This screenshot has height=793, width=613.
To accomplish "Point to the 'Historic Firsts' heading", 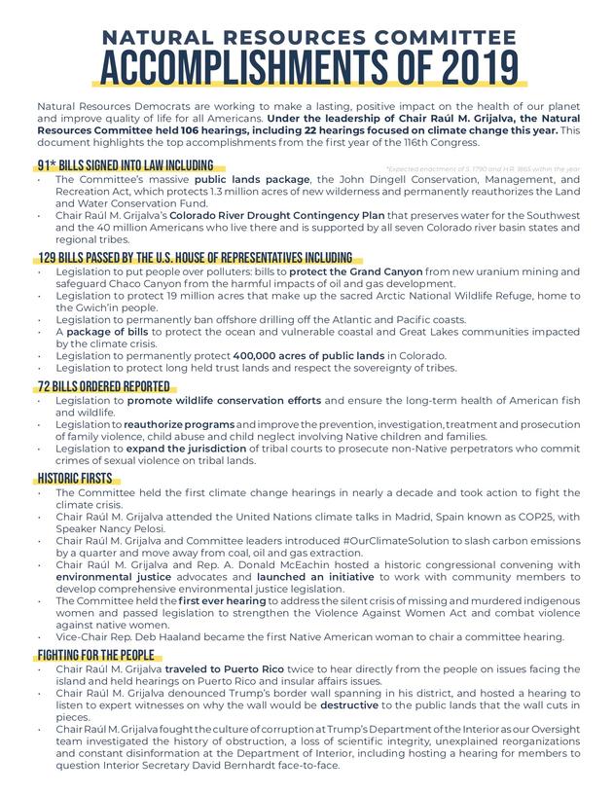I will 74,478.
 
